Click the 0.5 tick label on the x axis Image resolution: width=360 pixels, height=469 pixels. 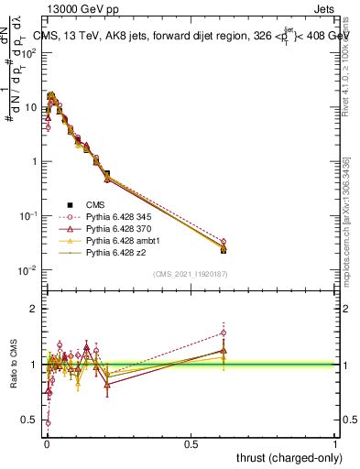click(191, 443)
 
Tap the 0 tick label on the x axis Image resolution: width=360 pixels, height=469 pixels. click(47, 443)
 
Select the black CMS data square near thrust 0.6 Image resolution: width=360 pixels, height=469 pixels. click(224, 249)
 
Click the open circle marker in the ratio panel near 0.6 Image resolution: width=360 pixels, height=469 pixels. click(224, 333)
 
